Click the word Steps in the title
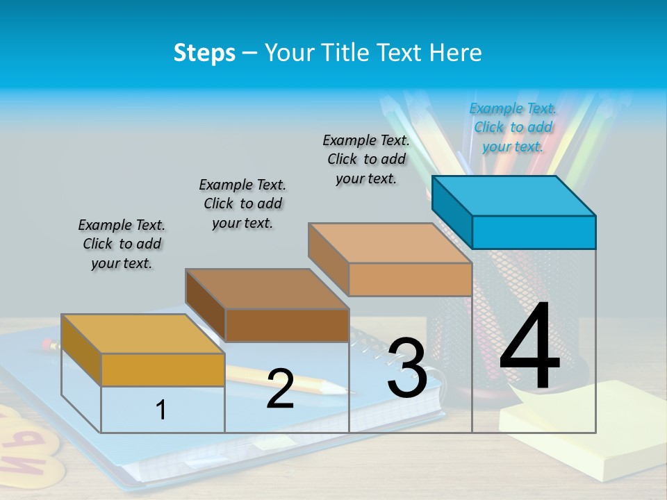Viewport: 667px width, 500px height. (204, 53)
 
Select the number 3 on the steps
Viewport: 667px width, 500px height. (407, 368)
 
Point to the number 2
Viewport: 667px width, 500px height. (280, 388)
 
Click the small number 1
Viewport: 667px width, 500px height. (161, 410)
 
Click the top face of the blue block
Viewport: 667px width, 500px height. (514, 195)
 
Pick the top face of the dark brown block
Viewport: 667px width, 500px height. (267, 288)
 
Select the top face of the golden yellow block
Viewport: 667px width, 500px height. (142, 333)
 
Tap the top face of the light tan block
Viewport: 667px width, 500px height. (390, 243)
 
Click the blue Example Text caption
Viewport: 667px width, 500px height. (513, 127)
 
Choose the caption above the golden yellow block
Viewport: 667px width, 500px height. (122, 244)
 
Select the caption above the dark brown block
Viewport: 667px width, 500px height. (242, 203)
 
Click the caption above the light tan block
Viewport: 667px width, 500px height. (366, 159)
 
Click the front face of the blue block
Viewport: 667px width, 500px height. (534, 232)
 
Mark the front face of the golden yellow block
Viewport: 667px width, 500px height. (163, 369)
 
